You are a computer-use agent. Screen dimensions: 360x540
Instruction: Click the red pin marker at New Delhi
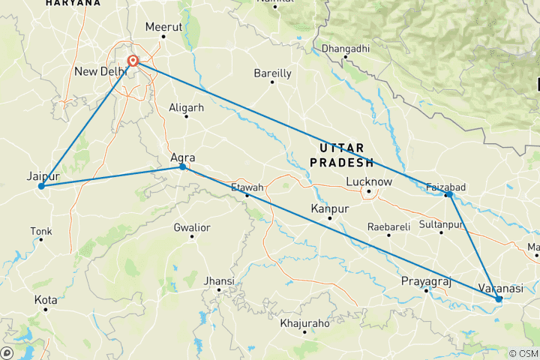[133, 61]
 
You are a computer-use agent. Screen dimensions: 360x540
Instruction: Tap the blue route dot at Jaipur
[41, 186]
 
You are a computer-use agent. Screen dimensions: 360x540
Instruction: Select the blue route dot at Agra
[183, 167]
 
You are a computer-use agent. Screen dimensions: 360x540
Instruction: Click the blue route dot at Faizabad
[448, 195]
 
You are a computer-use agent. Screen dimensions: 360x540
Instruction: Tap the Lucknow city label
[369, 181]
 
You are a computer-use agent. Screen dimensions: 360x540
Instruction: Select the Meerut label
[163, 26]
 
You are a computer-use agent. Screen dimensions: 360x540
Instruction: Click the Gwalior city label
[191, 227]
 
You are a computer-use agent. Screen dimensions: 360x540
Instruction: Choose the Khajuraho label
[304, 323]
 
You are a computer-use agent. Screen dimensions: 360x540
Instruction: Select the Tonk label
[40, 230]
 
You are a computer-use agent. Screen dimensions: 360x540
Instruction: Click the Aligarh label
[187, 107]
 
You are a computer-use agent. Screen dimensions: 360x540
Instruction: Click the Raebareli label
[388, 226]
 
